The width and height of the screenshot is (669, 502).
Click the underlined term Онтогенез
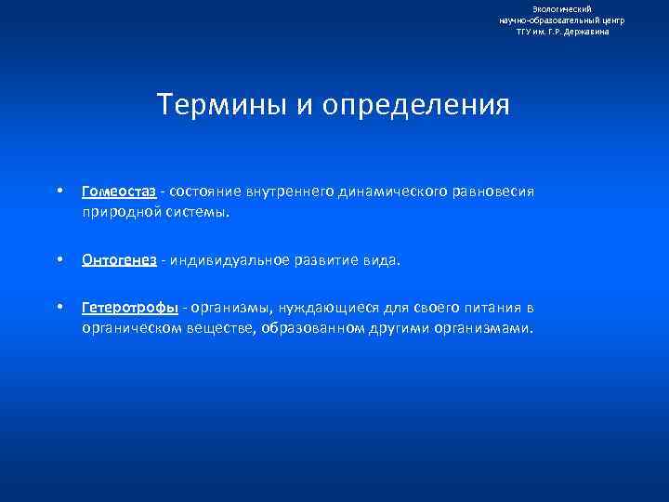(x=119, y=261)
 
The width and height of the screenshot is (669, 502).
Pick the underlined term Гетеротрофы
(x=129, y=309)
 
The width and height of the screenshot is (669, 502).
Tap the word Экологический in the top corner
(x=562, y=8)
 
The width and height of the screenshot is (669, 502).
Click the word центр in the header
(x=610, y=20)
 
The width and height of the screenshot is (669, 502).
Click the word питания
(x=491, y=309)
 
